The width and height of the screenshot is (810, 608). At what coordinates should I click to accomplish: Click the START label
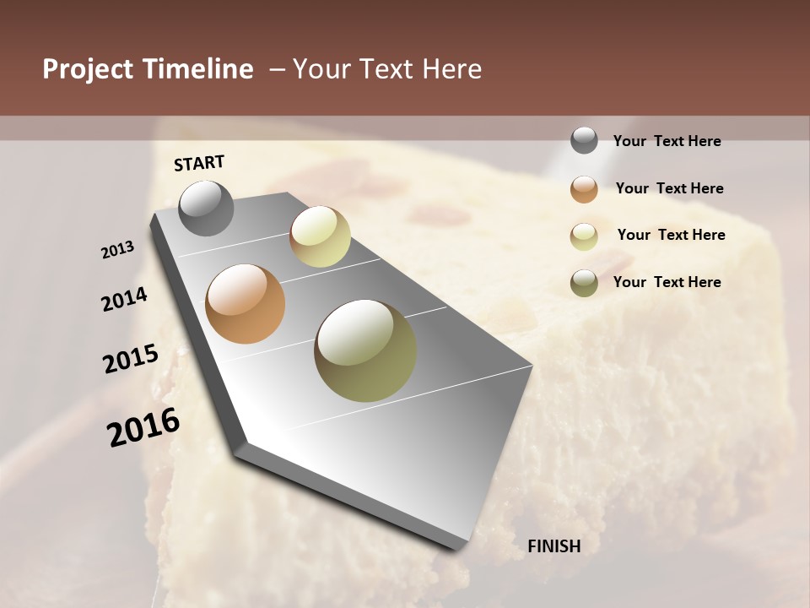(199, 163)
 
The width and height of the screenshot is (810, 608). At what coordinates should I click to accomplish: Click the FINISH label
(553, 546)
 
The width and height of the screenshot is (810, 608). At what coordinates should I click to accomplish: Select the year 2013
(117, 249)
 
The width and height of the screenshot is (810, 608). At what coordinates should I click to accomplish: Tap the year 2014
(124, 299)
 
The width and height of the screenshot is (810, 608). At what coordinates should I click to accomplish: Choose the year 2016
(143, 427)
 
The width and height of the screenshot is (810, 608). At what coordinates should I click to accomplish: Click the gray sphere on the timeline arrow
(207, 208)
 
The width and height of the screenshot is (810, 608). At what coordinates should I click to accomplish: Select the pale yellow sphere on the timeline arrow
(320, 236)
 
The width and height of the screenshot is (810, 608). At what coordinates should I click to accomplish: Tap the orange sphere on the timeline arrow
(246, 304)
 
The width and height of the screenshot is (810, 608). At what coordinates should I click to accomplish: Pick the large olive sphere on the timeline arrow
(365, 350)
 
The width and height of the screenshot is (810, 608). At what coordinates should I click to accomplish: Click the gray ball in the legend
(584, 140)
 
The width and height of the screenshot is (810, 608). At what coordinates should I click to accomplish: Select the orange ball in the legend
(584, 189)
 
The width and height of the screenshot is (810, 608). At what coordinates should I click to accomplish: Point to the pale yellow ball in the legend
(584, 236)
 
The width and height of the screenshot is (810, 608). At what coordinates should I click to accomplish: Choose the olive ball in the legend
(584, 283)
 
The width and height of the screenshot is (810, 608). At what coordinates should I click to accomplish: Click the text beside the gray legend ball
(667, 142)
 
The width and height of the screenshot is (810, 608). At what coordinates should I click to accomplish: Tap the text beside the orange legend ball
(669, 188)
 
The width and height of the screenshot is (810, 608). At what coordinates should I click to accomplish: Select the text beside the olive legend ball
(667, 282)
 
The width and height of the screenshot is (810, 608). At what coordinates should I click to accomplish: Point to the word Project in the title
(87, 69)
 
